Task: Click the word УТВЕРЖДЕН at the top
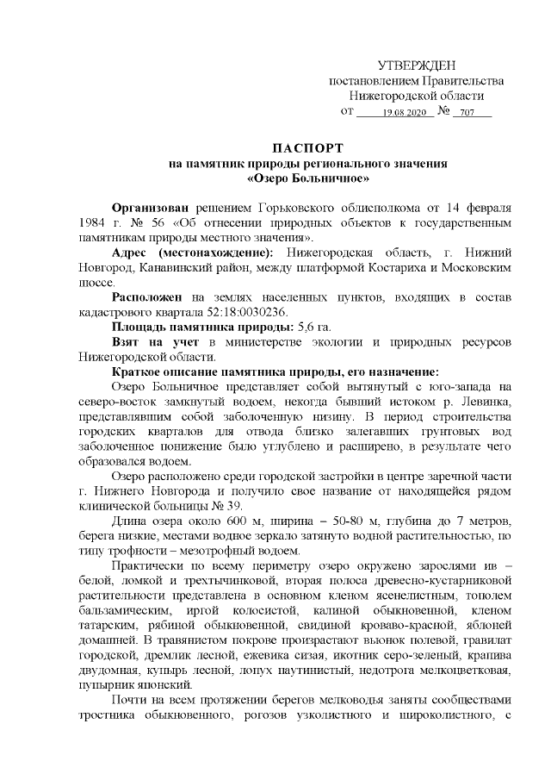tap(418, 66)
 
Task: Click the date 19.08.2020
tap(405, 113)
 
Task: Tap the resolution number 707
tap(467, 113)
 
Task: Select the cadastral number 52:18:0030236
tap(245, 312)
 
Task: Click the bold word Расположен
tap(146, 296)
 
